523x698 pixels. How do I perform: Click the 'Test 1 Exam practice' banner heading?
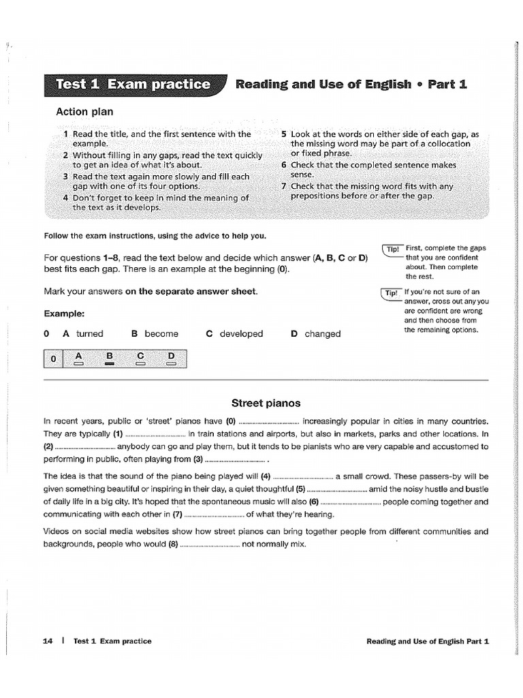pos(133,85)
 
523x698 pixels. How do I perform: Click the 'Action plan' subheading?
pos(84,111)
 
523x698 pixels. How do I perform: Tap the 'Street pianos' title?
pos(266,403)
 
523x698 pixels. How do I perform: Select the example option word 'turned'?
pos(90,334)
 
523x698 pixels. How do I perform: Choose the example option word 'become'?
pos(161,334)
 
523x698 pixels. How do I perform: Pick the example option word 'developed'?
pos(241,334)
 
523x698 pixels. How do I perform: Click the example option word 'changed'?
pos(323,334)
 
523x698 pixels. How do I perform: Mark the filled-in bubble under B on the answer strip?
pos(109,364)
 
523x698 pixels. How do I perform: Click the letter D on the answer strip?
pos(172,355)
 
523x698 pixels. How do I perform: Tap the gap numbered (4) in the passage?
pos(303,476)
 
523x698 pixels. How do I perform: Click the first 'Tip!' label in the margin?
pos(392,249)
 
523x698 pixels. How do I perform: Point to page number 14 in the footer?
pos(48,641)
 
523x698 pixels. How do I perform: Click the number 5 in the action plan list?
pos(284,135)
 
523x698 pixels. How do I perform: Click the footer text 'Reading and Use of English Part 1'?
pos(428,641)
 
